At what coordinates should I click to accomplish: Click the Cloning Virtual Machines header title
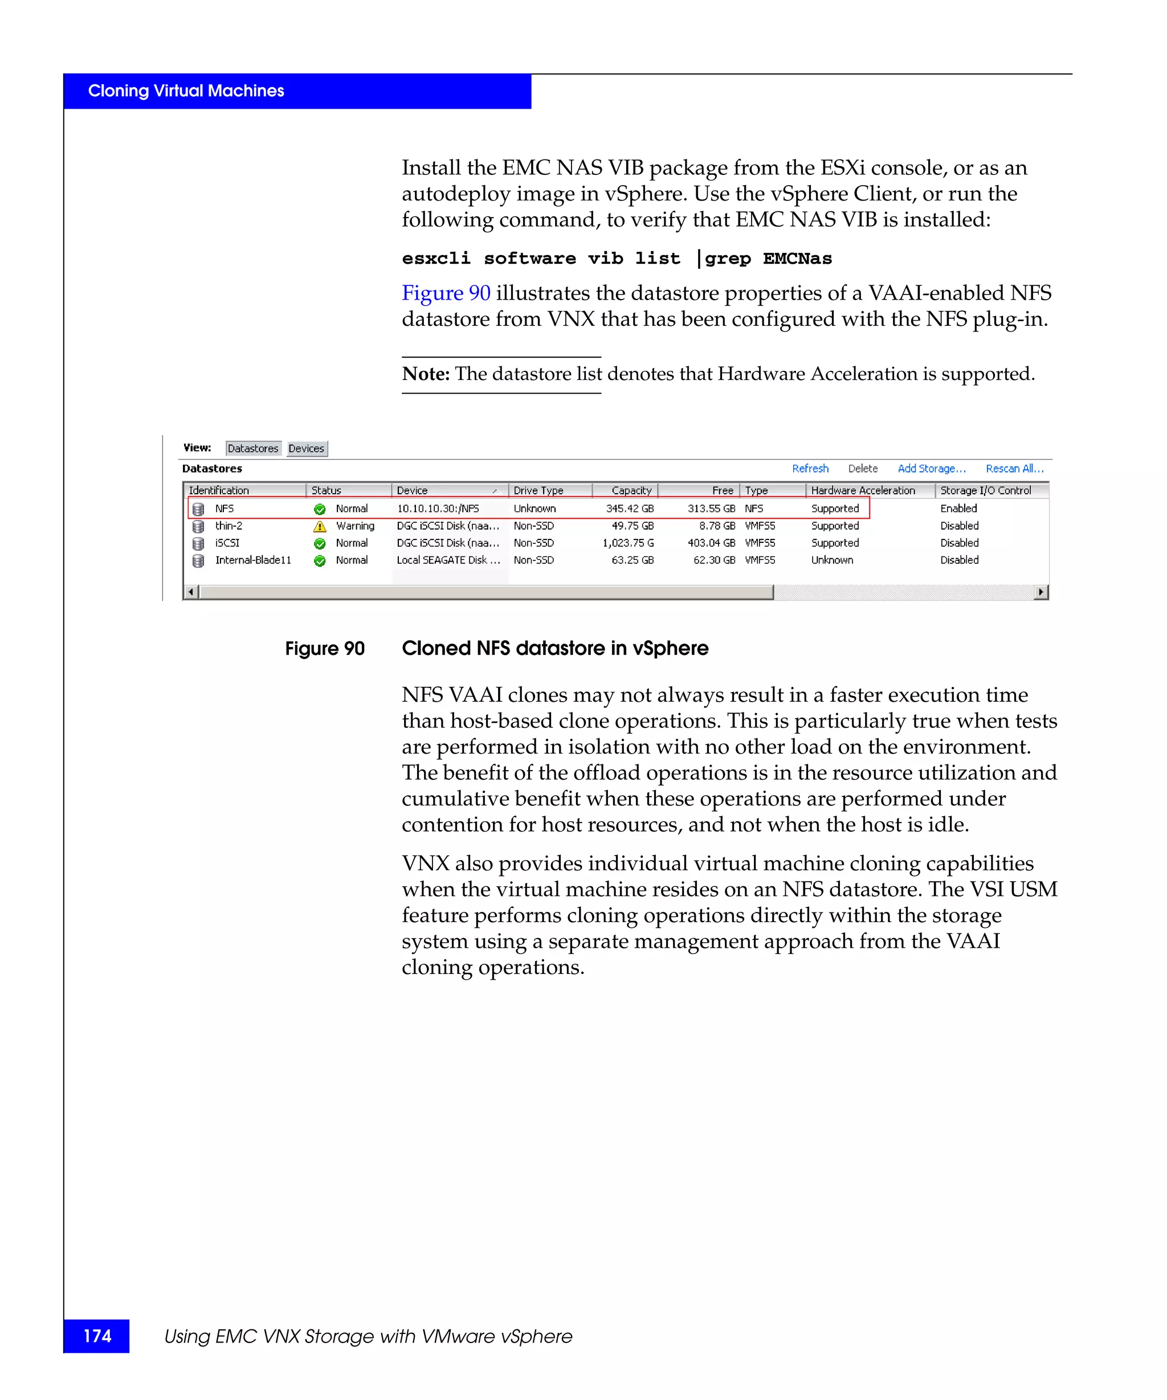(x=186, y=91)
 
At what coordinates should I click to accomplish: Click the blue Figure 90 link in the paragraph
(x=446, y=293)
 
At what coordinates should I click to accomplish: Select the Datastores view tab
(x=253, y=449)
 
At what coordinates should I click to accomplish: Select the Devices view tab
(x=306, y=449)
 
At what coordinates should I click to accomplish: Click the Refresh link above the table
(x=810, y=469)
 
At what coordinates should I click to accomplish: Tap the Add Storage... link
(x=931, y=469)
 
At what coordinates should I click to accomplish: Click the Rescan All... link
(x=1014, y=469)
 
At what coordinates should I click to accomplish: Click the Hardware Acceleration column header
(x=862, y=490)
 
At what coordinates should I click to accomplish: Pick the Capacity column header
(x=631, y=490)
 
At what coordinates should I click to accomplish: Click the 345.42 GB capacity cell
(x=630, y=509)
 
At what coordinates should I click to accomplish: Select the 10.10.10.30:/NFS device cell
(x=438, y=509)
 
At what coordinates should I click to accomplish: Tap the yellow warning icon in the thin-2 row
(x=320, y=527)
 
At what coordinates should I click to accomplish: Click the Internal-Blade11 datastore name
(x=253, y=560)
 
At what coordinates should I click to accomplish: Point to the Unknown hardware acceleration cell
(x=831, y=560)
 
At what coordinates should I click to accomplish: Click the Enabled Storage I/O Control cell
(x=958, y=509)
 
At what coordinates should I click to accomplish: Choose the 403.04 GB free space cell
(x=711, y=543)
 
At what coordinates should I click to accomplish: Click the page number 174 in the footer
(x=97, y=1336)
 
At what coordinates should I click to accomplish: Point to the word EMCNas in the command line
(x=798, y=259)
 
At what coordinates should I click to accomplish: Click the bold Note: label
(x=426, y=374)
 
